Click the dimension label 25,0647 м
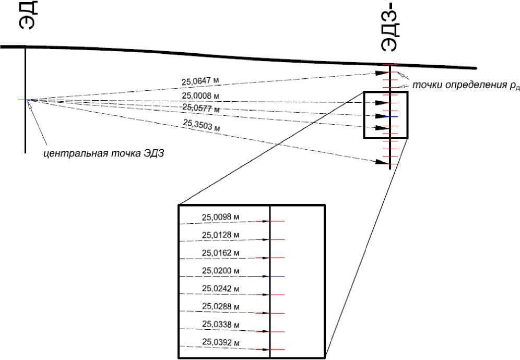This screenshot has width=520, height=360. tap(199, 81)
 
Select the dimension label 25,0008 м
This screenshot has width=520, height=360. tap(199, 95)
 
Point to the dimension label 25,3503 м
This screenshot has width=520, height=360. tap(200, 126)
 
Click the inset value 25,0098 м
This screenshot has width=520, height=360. tap(220, 217)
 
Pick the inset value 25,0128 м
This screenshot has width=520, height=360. tap(220, 235)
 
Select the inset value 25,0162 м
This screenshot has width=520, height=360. tap(220, 253)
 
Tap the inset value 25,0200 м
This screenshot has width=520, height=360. tap(220, 271)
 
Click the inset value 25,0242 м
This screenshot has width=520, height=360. tap(220, 289)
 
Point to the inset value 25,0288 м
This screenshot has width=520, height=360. tap(220, 307)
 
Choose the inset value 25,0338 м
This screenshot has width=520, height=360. tap(220, 325)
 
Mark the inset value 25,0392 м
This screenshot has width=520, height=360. tap(220, 343)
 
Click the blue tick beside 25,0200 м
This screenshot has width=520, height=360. tap(277, 276)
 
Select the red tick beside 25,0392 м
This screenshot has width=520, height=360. tap(277, 349)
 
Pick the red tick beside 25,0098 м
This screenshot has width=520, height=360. tap(277, 222)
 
